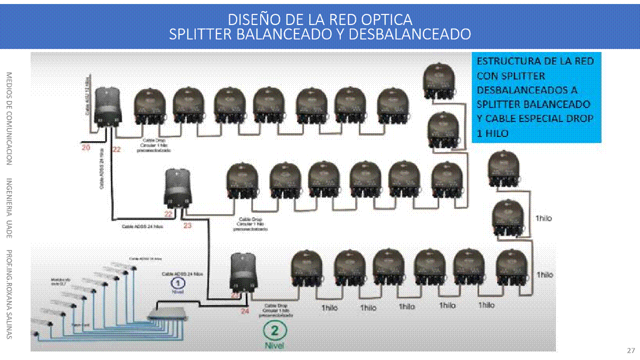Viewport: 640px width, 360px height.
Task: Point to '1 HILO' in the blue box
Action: click(x=493, y=133)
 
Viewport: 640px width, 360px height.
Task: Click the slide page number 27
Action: click(x=630, y=350)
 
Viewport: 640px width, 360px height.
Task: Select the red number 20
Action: click(x=86, y=148)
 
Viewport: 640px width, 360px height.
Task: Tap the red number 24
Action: click(x=245, y=311)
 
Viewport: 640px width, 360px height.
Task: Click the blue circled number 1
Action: click(x=176, y=283)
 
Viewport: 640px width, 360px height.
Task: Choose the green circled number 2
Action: click(x=274, y=330)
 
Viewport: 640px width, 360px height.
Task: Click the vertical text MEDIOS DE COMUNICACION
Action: click(x=9, y=118)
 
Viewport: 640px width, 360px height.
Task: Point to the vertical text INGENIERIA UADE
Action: click(x=9, y=208)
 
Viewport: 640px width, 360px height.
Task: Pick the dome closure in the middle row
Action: click(x=178, y=189)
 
